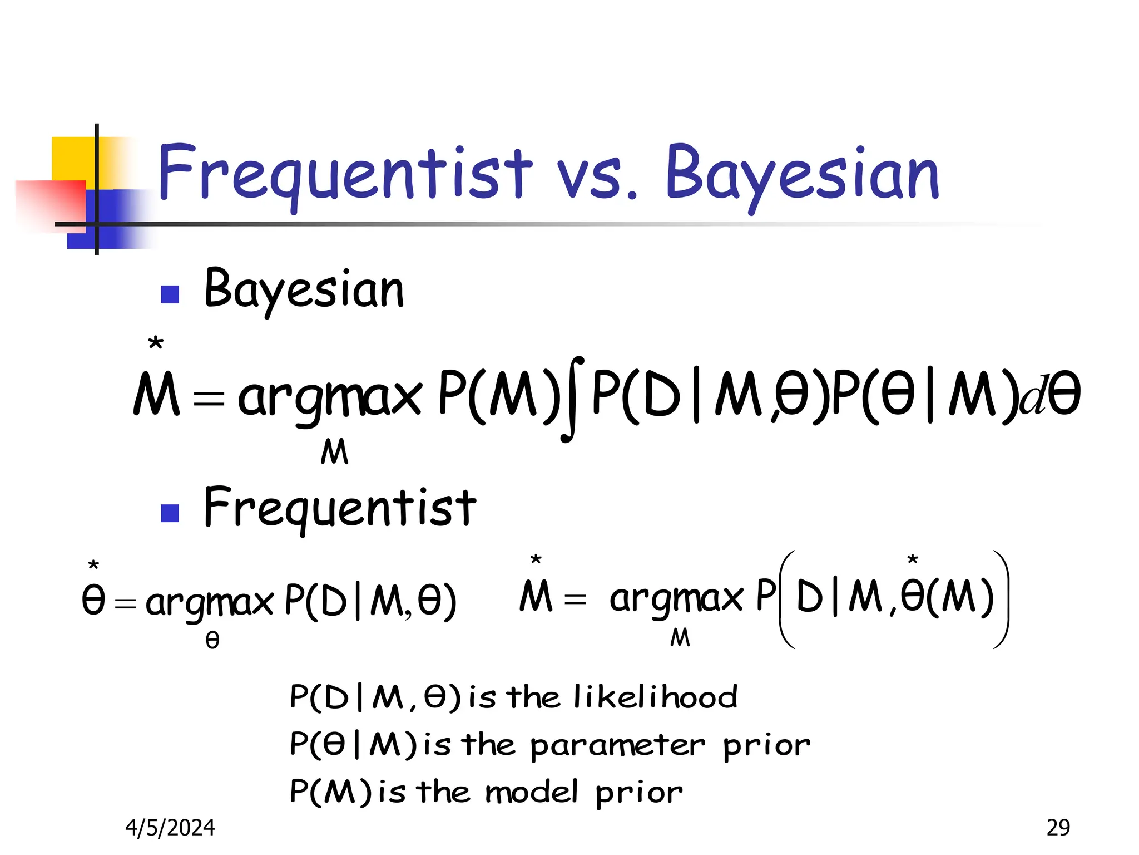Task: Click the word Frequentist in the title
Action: coord(345,173)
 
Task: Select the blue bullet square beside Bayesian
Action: coord(170,294)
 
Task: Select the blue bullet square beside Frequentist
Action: coord(170,513)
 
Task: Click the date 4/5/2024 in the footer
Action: coord(170,828)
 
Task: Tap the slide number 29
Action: coord(1058,828)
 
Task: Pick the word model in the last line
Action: coord(531,792)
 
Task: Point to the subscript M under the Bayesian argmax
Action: coord(334,451)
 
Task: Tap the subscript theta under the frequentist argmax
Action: coord(212,641)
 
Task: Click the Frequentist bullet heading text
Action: coord(340,508)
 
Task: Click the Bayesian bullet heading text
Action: coord(304,290)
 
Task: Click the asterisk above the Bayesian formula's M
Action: coord(156,343)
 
